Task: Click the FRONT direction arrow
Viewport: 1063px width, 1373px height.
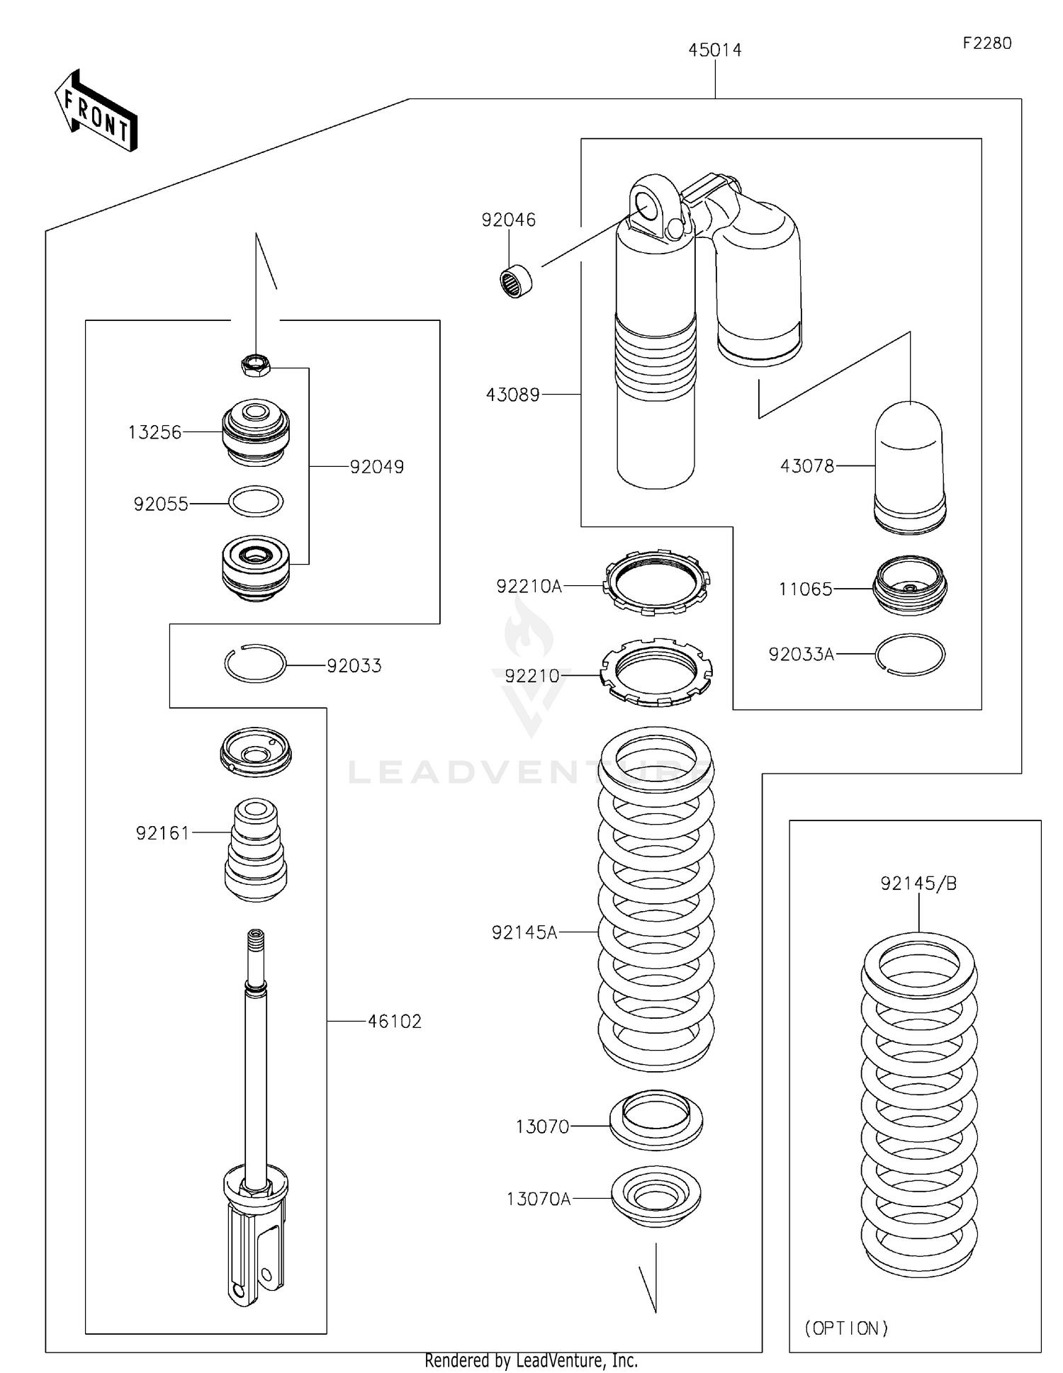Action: [x=96, y=112]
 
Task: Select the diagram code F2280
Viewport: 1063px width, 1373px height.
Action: [x=986, y=43]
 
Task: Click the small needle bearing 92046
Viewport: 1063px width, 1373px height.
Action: [x=516, y=281]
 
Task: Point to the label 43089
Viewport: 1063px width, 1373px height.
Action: [x=512, y=395]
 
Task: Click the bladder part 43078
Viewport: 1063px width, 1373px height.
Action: [x=909, y=468]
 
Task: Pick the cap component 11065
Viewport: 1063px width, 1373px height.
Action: [x=910, y=585]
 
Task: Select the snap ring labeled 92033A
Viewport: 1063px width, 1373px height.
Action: [x=910, y=655]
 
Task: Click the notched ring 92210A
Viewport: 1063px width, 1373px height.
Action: [x=656, y=582]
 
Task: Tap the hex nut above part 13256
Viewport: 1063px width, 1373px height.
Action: [x=255, y=366]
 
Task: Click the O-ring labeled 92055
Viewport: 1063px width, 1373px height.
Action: [x=256, y=502]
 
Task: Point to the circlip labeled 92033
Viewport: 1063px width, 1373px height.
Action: [x=255, y=664]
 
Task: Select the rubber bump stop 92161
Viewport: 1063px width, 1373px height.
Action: [x=256, y=850]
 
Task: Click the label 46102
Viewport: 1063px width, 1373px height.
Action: [x=394, y=1021]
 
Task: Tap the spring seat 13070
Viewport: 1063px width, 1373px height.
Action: [x=656, y=1120]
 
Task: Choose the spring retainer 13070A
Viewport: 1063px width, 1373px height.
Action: [x=656, y=1196]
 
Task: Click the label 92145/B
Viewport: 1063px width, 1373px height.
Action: [x=918, y=883]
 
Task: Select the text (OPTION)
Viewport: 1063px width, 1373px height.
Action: [x=846, y=1328]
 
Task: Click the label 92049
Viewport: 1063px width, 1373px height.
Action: [x=376, y=467]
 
